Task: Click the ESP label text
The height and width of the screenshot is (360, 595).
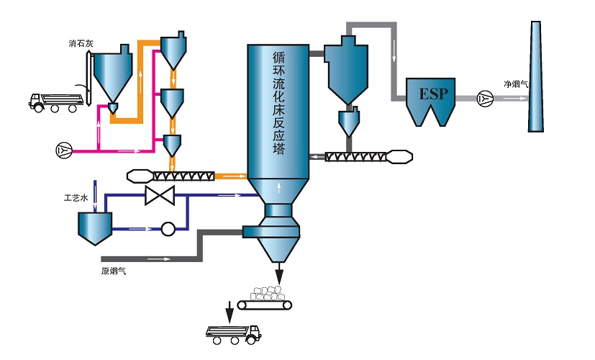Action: pos(433,94)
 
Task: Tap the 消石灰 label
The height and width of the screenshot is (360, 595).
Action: pos(81,43)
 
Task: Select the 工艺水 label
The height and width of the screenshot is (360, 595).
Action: pos(76,198)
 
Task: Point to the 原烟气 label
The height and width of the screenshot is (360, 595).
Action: pos(114,271)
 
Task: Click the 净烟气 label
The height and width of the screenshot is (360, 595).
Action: pos(516,84)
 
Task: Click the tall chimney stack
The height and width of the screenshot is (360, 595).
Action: pos(535,76)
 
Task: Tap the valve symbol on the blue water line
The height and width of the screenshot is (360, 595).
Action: pos(160,195)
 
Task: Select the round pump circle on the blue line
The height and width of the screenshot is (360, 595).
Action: pos(168,229)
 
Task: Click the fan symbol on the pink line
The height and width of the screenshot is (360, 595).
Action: pos(64,150)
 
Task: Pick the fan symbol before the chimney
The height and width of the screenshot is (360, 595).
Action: pos(485,99)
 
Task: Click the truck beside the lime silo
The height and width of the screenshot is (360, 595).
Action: pos(55,102)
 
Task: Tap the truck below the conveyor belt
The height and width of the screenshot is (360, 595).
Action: pos(233,335)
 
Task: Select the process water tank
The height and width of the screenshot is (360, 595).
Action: pos(95,228)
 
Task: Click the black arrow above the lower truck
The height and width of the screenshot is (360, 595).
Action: pos(230,312)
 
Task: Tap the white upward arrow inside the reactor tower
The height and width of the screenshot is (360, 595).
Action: pos(279,188)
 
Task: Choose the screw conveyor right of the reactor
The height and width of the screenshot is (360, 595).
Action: pos(368,157)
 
